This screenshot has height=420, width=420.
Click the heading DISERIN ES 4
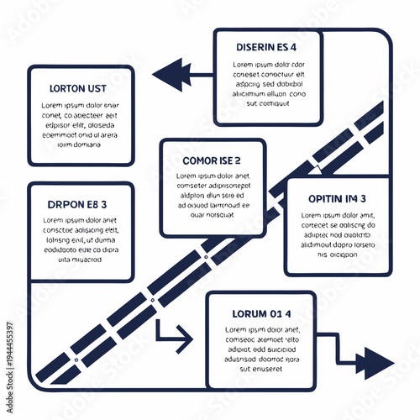pyautogui.click(x=266, y=47)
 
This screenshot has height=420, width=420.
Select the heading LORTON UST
pyautogui.click(x=77, y=87)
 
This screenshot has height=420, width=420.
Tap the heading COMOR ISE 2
pyautogui.click(x=212, y=160)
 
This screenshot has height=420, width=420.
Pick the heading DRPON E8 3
pyautogui.click(x=77, y=203)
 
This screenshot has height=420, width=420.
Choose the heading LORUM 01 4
pyautogui.click(x=260, y=313)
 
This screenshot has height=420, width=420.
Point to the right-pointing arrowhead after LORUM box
pyautogui.click(x=376, y=362)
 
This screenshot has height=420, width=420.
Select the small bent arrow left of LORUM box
pyautogui.click(x=176, y=339)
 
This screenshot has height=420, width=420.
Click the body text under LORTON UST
pyautogui.click(x=81, y=123)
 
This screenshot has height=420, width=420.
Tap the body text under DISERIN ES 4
pyautogui.click(x=268, y=85)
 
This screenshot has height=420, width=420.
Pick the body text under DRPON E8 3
pyautogui.click(x=81, y=240)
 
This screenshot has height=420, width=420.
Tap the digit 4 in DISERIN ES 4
pyautogui.click(x=293, y=47)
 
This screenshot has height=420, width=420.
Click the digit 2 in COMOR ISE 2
pyautogui.click(x=238, y=160)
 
